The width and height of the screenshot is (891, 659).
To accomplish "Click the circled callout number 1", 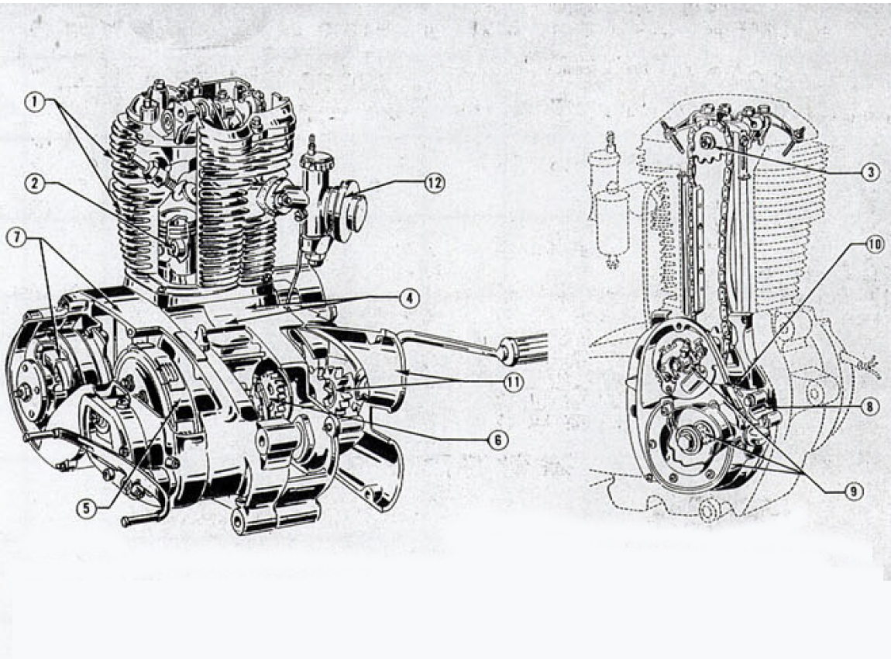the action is tap(35, 102).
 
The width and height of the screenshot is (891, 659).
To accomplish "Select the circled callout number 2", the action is tap(35, 183).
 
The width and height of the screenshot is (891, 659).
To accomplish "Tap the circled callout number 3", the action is tap(870, 172).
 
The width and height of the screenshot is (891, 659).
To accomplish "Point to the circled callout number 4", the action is tap(410, 298).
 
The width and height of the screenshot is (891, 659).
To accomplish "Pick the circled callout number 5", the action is tap(86, 508).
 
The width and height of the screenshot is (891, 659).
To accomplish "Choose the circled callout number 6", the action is tap(497, 440).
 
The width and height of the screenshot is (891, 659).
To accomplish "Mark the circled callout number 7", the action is tap(16, 238).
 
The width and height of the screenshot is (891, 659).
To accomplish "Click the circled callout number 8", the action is tap(869, 406).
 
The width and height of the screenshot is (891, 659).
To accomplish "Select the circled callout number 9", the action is tap(854, 491).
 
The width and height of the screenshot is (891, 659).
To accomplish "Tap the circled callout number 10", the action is tap(875, 244).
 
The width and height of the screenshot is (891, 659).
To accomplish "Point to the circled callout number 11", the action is tap(513, 381).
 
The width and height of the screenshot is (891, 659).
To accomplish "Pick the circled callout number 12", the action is tap(434, 183).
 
